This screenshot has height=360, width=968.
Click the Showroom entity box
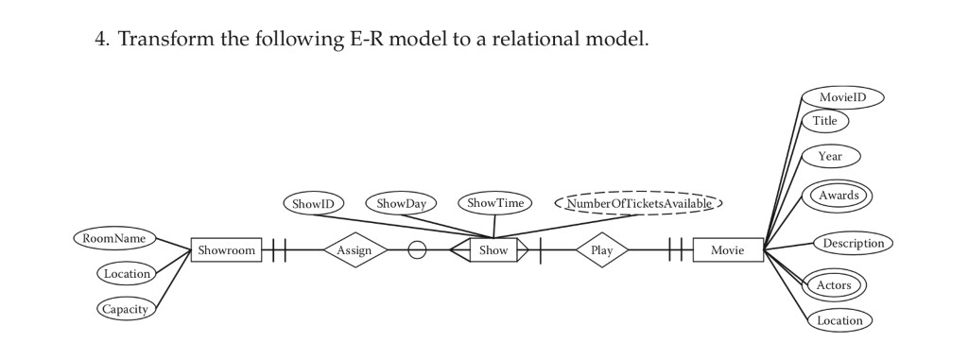227,250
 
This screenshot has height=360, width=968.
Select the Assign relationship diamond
355,250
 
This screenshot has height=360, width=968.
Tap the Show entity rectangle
493,250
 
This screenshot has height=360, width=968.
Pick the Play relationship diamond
602,250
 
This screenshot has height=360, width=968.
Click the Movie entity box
727,250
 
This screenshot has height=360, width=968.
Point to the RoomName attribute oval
114,238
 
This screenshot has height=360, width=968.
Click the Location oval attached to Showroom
127,274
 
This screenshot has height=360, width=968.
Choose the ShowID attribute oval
315,202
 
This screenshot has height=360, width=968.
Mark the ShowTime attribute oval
494,202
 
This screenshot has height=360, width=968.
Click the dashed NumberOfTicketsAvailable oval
638,202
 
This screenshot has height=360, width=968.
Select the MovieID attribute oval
842,97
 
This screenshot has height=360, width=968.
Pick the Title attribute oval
826,121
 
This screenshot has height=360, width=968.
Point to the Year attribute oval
831,155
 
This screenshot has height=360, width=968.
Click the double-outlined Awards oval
837,196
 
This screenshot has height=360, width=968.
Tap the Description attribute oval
853,243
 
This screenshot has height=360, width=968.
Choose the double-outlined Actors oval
834,284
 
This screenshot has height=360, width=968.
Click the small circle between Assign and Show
417,250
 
